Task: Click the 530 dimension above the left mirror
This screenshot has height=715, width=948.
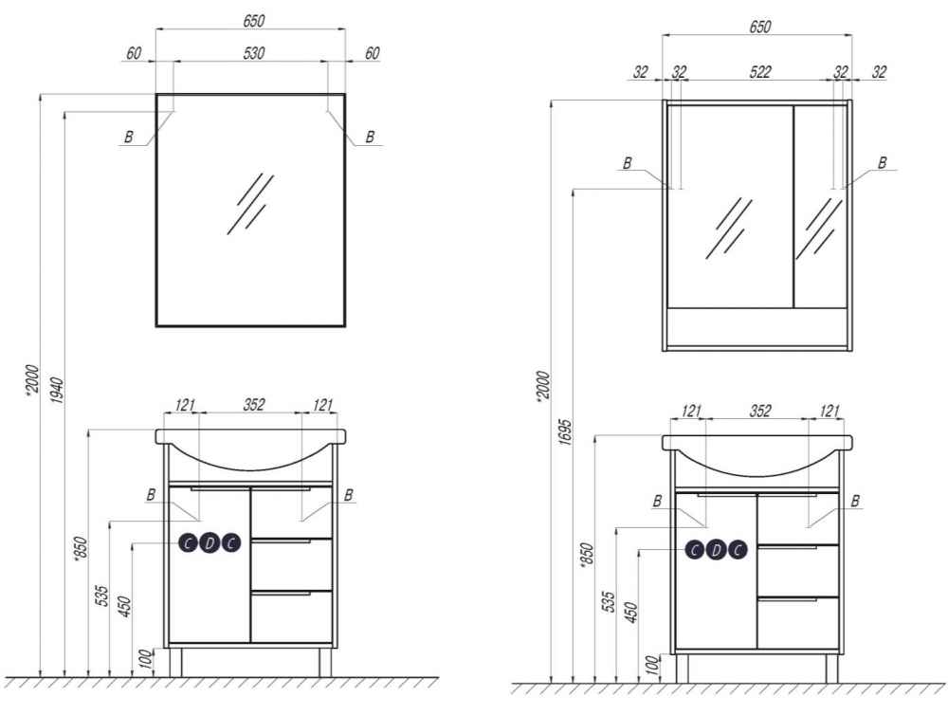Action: [x=254, y=53]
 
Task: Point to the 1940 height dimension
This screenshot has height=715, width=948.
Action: [x=56, y=390]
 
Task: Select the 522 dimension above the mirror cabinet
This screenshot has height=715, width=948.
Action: [x=760, y=72]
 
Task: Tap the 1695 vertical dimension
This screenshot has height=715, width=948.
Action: [x=564, y=431]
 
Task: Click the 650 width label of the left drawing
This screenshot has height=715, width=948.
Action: [x=254, y=21]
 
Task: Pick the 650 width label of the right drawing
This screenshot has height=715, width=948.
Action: [x=760, y=27]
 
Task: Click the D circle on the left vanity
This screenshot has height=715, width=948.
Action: [x=210, y=543]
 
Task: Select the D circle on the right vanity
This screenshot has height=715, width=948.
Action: [x=716, y=550]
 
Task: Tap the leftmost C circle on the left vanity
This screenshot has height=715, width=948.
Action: [x=189, y=543]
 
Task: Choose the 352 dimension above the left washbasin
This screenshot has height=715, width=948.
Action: [x=254, y=404]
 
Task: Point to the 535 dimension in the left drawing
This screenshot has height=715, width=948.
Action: [x=102, y=596]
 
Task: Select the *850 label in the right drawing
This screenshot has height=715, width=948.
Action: [x=587, y=555]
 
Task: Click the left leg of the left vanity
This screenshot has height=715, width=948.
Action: [x=175, y=663]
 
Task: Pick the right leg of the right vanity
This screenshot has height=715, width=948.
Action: [x=832, y=669]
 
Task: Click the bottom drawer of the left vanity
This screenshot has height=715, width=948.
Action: [x=291, y=616]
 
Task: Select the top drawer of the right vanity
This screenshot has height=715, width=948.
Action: [x=798, y=519]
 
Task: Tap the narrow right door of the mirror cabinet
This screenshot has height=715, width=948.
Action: [x=820, y=207]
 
